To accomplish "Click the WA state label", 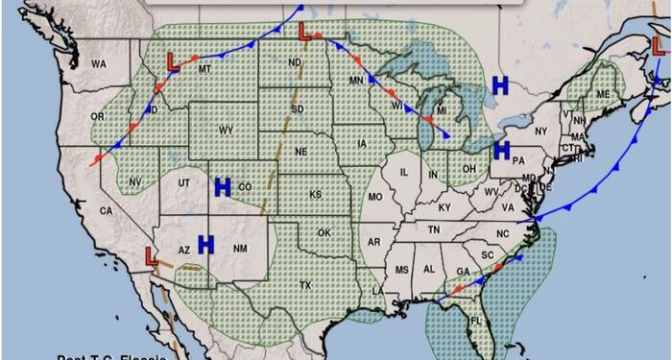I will click(x=99, y=64).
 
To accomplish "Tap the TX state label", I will click(x=305, y=285).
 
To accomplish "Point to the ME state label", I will click(x=603, y=94).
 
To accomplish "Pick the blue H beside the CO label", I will click(x=223, y=186).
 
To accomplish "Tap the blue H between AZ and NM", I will click(x=205, y=245).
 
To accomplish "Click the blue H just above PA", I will click(x=500, y=149).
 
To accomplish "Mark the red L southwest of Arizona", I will click(x=151, y=256).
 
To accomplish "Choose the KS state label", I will click(x=315, y=195).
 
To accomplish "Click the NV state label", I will click(x=135, y=181).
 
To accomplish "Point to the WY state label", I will click(x=227, y=130).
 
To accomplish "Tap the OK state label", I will click(x=324, y=233).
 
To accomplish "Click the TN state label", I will click(x=434, y=229).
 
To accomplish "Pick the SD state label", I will click(x=298, y=109).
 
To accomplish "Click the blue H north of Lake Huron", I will click(x=499, y=85).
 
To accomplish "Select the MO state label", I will click(x=376, y=196).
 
